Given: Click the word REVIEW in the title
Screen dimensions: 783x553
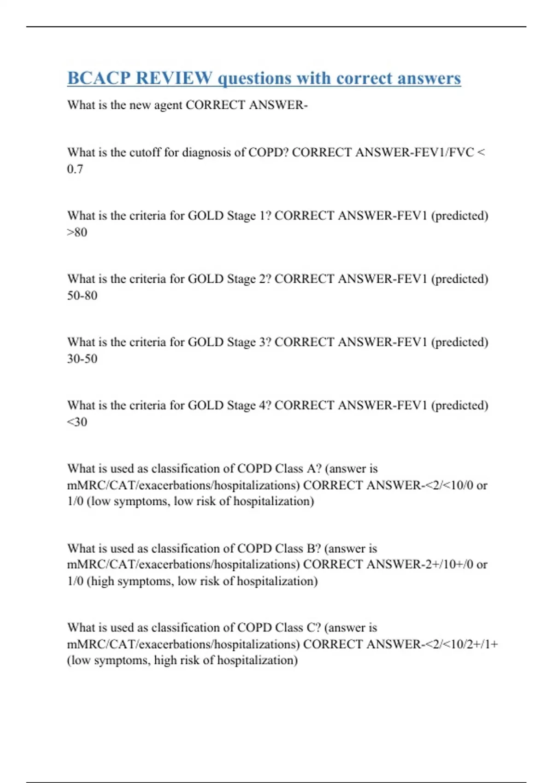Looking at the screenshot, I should (x=174, y=78).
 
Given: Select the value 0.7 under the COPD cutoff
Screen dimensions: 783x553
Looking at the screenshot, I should (x=75, y=169).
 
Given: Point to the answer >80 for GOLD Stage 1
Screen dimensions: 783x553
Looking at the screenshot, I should (x=77, y=232).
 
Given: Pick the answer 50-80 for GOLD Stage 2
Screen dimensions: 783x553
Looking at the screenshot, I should (x=82, y=295).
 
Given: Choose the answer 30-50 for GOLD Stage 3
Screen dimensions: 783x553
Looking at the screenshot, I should (x=82, y=358).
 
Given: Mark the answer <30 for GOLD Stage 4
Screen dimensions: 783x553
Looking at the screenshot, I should (x=77, y=422).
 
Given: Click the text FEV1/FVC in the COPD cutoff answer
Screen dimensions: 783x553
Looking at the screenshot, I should (x=447, y=152).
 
